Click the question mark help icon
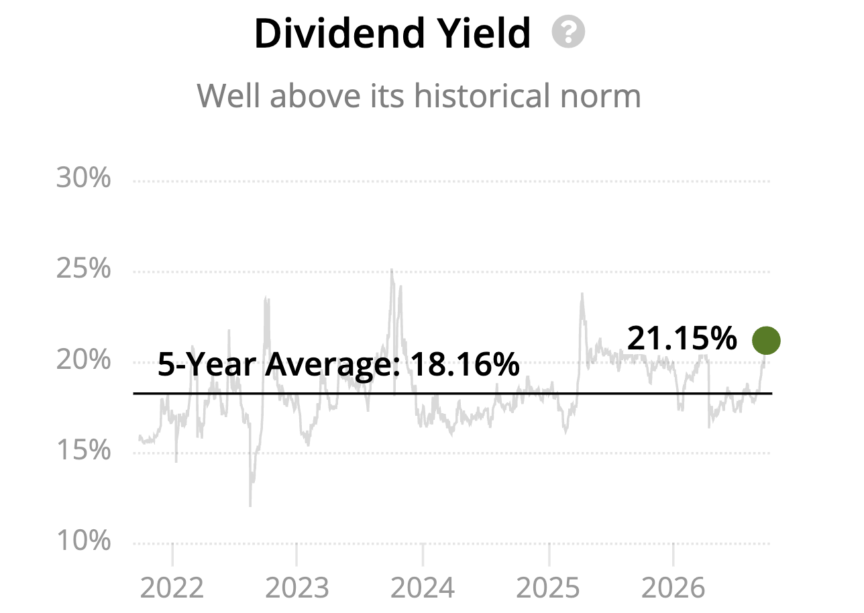click(x=568, y=32)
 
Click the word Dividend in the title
click(x=339, y=33)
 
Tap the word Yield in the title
click(x=486, y=33)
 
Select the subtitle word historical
click(x=483, y=95)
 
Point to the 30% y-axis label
click(x=83, y=178)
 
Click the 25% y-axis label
click(x=83, y=268)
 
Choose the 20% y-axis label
click(x=83, y=359)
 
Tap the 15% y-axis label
click(x=83, y=450)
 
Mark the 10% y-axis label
click(x=83, y=541)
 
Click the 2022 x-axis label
click(x=172, y=588)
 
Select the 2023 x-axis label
click(x=297, y=588)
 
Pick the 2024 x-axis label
click(x=423, y=588)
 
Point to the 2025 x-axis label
click(x=548, y=588)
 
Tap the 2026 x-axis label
click(x=673, y=588)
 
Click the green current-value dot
click(x=767, y=341)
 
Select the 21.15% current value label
click(x=682, y=338)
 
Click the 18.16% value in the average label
click(x=465, y=364)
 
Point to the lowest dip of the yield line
click(x=250, y=505)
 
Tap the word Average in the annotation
click(x=333, y=365)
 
